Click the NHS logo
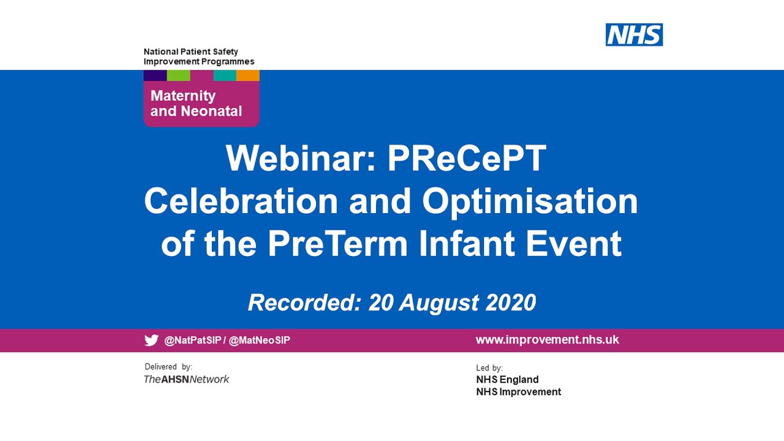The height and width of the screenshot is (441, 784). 634,35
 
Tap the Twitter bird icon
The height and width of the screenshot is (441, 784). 151,341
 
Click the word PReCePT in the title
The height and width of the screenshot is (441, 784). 466,159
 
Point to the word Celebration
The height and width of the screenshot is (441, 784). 241,201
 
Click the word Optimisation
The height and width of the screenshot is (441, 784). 530,201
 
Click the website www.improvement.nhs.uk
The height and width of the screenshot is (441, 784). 547,340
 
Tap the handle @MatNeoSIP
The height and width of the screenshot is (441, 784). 259,341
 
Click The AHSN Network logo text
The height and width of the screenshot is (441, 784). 186,380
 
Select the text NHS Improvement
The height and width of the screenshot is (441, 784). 518,392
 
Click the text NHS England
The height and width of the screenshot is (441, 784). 507,380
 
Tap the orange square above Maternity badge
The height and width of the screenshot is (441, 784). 248,75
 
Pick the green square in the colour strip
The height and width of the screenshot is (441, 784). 178,75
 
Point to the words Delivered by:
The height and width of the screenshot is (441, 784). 168,367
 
